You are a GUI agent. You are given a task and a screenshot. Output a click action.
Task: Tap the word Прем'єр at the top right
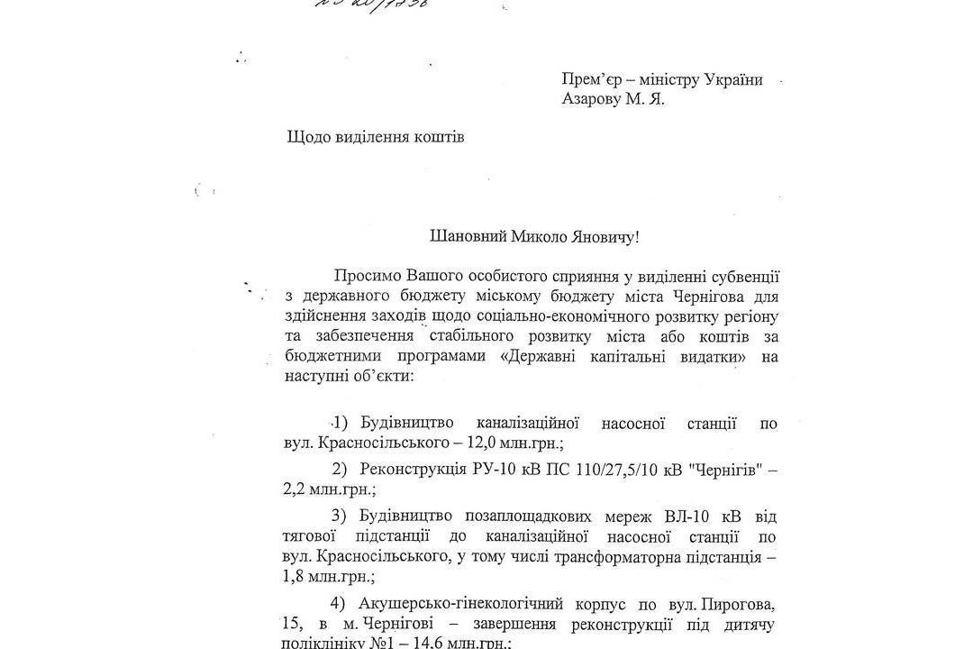coord(590,79)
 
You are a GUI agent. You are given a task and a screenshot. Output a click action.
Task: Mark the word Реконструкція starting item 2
coord(413,470)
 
